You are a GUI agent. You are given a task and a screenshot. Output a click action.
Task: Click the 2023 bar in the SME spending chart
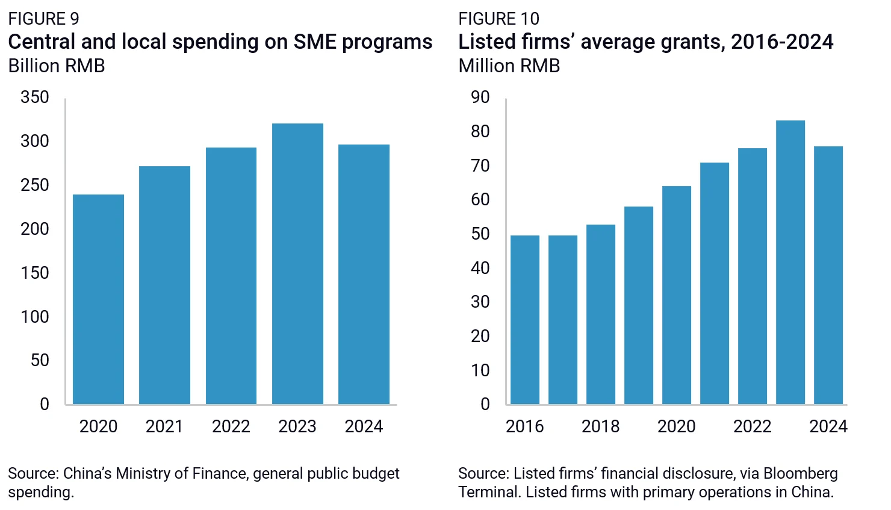click(297, 264)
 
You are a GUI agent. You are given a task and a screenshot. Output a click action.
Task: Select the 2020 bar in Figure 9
click(98, 299)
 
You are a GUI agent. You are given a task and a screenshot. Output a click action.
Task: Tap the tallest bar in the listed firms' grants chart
click(790, 262)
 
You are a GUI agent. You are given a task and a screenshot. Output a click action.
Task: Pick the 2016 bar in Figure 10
click(525, 320)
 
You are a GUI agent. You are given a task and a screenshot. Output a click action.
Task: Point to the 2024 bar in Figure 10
click(828, 275)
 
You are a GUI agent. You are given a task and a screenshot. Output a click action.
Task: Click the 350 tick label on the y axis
click(35, 98)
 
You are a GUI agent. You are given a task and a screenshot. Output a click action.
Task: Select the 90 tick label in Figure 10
click(480, 98)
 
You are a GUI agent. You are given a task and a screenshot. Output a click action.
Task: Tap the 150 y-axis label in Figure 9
click(35, 273)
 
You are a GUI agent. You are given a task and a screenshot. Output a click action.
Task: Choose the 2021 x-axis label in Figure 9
click(164, 426)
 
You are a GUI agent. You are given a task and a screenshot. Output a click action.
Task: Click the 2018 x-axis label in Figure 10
click(601, 426)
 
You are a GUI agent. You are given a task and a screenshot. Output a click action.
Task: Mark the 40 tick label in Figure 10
click(480, 268)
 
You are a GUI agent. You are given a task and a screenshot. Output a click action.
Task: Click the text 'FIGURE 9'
click(44, 19)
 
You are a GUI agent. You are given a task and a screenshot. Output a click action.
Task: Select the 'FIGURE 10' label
click(499, 19)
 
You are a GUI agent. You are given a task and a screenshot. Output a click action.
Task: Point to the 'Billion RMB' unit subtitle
click(57, 66)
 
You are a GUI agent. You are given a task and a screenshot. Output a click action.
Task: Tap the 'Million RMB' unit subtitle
click(509, 66)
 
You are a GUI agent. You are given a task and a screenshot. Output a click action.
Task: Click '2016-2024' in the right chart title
click(782, 42)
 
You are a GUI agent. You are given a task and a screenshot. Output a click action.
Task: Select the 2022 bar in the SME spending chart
click(231, 276)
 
